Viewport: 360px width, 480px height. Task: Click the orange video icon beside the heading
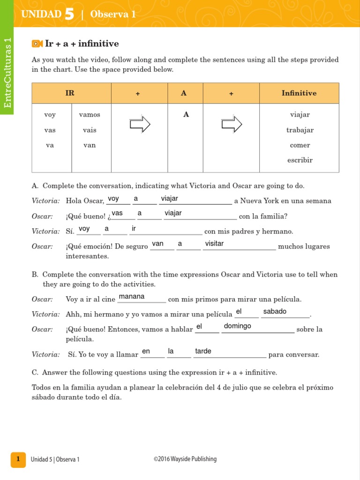pos(37,44)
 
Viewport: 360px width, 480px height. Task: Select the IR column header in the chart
pos(70,93)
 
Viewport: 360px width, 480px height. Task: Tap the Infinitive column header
pos(299,93)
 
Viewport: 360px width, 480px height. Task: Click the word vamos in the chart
pos(90,114)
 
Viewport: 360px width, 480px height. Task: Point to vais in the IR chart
pos(90,130)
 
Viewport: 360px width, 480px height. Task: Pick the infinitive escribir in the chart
pos(300,160)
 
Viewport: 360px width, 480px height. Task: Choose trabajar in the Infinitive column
pos(300,130)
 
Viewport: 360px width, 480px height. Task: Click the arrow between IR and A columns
pos(140,124)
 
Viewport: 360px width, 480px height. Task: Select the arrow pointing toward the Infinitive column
pos(232,124)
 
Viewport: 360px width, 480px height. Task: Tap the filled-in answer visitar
pos(214,243)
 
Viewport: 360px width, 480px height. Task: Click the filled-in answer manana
pos(132,296)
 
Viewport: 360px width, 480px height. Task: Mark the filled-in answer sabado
pos(275,311)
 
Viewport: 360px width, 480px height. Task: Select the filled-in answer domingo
pos(237,326)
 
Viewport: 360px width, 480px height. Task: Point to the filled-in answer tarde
pos(203,351)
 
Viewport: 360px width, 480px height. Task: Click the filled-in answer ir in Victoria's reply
pos(134,228)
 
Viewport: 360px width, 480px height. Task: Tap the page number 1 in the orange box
pos(18,459)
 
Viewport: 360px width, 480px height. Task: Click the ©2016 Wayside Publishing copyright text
pos(185,459)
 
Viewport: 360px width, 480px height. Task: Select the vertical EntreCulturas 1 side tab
pos(7,73)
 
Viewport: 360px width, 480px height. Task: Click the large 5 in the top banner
pos(69,14)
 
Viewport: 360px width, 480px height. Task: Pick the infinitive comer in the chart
pos(300,145)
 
